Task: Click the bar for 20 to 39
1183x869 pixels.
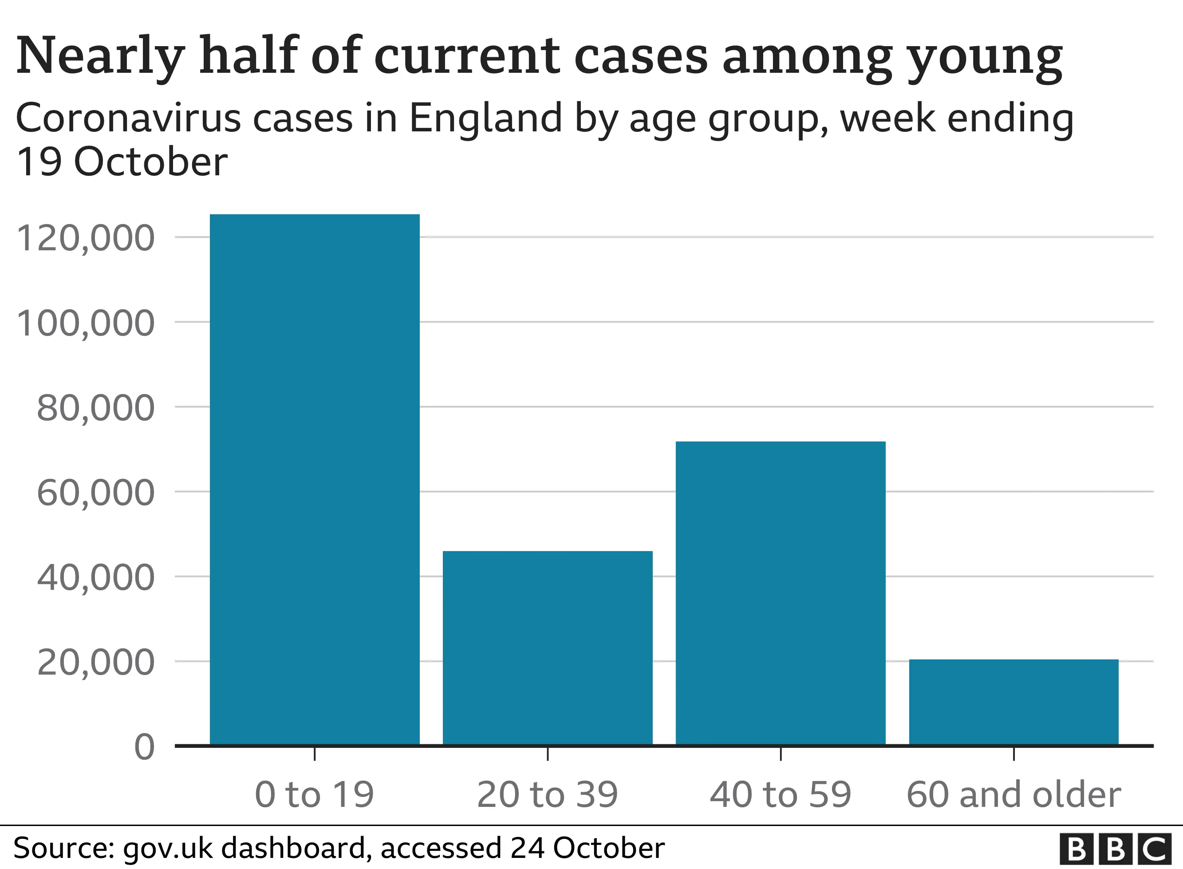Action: coord(547,648)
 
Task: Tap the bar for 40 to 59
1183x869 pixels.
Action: coord(780,593)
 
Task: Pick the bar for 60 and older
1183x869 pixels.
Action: coord(1013,702)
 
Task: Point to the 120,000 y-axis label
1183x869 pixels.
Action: coord(86,238)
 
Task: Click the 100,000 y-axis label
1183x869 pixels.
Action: coord(86,323)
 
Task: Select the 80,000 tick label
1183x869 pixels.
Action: coord(96,408)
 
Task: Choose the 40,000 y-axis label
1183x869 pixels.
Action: coord(96,577)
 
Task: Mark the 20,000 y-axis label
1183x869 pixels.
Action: coord(96,662)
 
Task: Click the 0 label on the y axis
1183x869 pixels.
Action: coord(145,747)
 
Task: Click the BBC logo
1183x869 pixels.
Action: coord(1115,849)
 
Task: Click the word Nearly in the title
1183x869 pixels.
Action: coord(100,57)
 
